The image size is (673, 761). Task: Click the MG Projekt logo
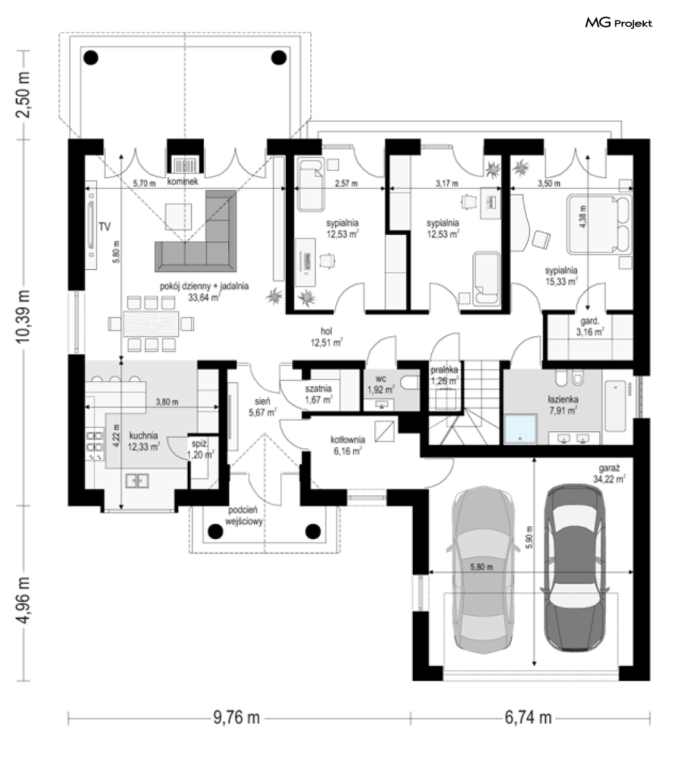point(619,23)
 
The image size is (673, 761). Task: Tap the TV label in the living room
point(104,227)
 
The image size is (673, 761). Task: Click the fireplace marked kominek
point(185,165)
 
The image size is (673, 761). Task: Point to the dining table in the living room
point(151,323)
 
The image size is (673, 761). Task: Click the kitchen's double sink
point(137,481)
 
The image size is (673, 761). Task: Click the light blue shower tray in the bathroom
point(520,429)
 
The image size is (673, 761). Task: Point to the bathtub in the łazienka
point(615,406)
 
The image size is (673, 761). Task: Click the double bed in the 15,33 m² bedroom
point(601,224)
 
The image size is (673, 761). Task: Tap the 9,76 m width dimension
point(237,717)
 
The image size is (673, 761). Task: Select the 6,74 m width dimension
point(528,717)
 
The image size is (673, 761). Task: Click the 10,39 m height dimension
point(23,317)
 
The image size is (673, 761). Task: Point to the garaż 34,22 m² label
point(609,474)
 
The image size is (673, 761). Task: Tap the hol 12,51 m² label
point(326,337)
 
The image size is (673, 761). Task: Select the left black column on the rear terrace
point(90,58)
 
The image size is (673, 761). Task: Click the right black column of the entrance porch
point(313,531)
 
